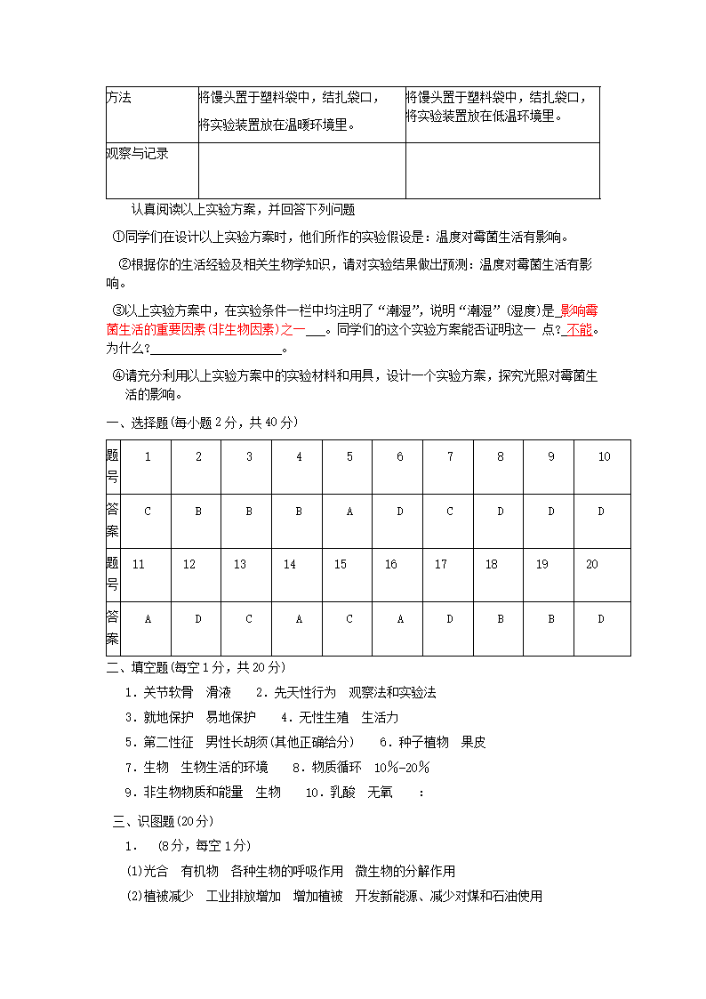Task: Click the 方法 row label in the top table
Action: [x=119, y=97]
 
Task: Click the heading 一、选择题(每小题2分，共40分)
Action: [x=202, y=422]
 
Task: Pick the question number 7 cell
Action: [x=450, y=456]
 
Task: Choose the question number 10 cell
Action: [x=604, y=456]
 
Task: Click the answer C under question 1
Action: [x=148, y=511]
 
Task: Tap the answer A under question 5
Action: [x=349, y=511]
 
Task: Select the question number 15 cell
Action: [x=341, y=564]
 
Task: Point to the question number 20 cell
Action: [x=592, y=564]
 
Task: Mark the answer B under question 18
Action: [x=501, y=618]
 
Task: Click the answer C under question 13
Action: [x=249, y=618]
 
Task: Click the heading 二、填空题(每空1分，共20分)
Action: [x=196, y=666]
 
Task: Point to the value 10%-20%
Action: [x=402, y=767]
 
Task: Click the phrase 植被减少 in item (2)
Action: [x=169, y=896]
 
